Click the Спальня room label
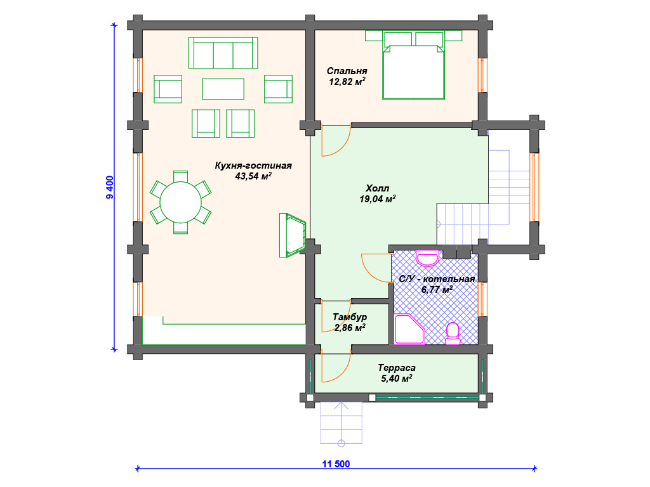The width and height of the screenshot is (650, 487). (x=347, y=71)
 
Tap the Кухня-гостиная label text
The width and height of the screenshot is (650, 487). (x=253, y=166)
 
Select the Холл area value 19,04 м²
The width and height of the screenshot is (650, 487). (x=377, y=199)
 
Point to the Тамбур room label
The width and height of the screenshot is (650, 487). (x=350, y=317)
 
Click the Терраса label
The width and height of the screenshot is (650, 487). (x=396, y=368)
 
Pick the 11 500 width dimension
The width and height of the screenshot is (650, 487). (x=336, y=464)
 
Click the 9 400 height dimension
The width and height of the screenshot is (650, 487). (x=109, y=188)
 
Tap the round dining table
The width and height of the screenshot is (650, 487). (x=180, y=202)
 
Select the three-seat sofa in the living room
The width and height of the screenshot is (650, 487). (x=223, y=53)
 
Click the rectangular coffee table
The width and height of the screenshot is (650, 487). (x=223, y=89)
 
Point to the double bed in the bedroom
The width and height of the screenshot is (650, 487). (x=414, y=72)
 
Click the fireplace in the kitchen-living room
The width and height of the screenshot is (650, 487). (x=293, y=235)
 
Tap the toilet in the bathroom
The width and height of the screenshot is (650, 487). (x=453, y=334)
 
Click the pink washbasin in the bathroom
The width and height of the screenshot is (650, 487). (x=427, y=258)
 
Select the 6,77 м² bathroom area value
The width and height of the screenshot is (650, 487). (x=437, y=289)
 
